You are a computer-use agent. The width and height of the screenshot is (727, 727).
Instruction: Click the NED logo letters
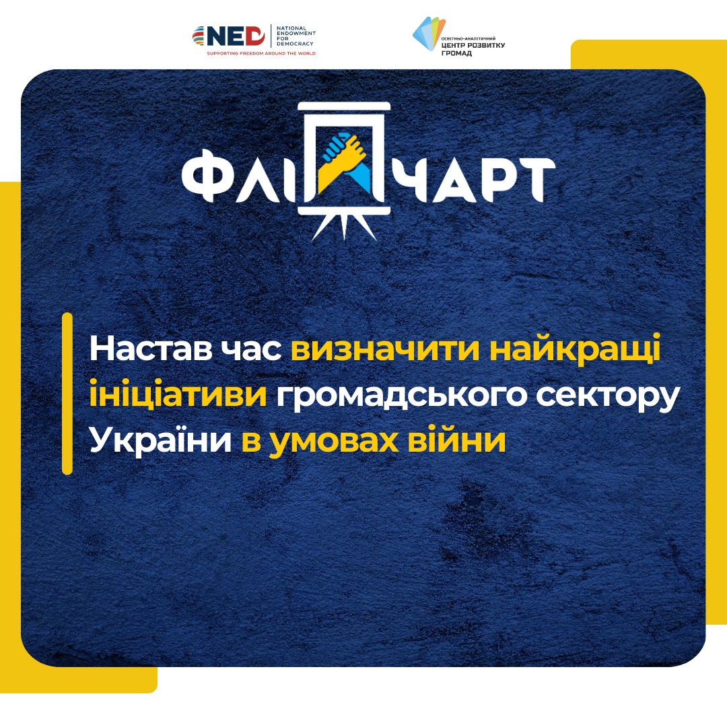pyautogui.click(x=236, y=36)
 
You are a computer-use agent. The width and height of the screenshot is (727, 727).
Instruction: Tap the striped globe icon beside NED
pyautogui.click(x=199, y=36)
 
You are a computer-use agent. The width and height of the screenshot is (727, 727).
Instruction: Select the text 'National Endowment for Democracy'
pyautogui.click(x=296, y=36)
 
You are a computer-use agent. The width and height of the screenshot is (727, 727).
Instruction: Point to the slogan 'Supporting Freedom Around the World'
pyautogui.click(x=261, y=53)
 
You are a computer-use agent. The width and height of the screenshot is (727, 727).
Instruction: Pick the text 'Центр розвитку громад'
pyautogui.click(x=473, y=49)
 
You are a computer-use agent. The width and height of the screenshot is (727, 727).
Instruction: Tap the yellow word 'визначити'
pyautogui.click(x=385, y=349)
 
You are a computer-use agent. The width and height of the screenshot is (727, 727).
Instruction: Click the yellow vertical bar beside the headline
pyautogui.click(x=67, y=394)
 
